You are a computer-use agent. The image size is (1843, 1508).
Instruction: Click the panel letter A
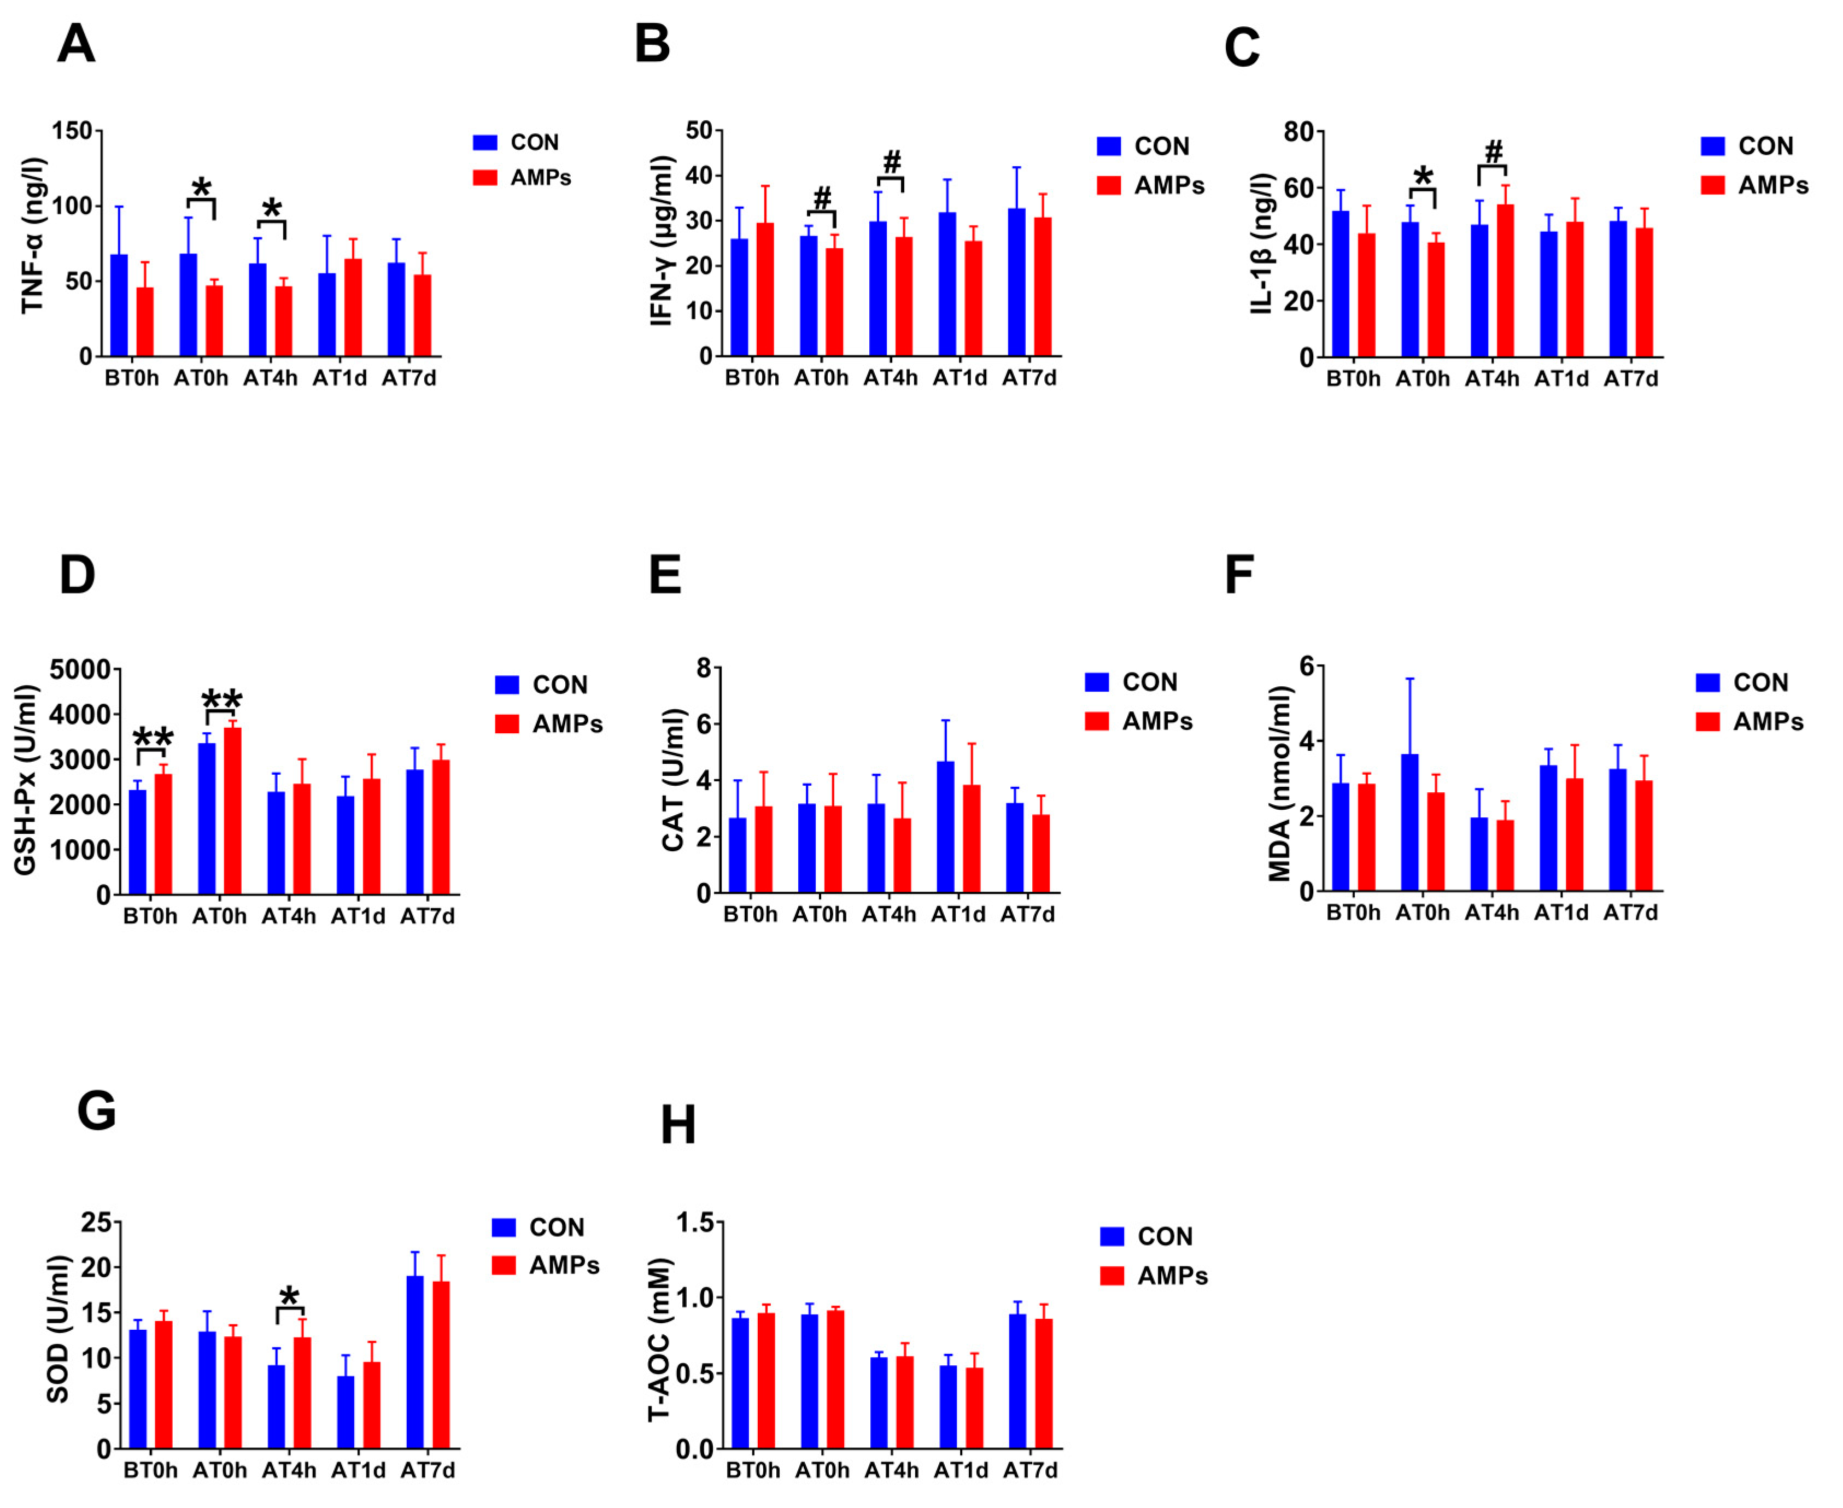pyautogui.click(x=77, y=43)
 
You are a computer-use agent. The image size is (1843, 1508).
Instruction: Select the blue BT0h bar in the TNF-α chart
pyautogui.click(x=119, y=306)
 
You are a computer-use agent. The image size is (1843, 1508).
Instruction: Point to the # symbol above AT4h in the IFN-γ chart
pyautogui.click(x=892, y=162)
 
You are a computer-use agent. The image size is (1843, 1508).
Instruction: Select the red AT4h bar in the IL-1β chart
pyautogui.click(x=1505, y=280)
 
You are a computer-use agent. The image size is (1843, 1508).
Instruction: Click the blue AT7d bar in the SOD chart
pyautogui.click(x=415, y=1361)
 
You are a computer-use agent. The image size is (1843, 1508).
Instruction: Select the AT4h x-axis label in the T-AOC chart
pyautogui.click(x=891, y=1471)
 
